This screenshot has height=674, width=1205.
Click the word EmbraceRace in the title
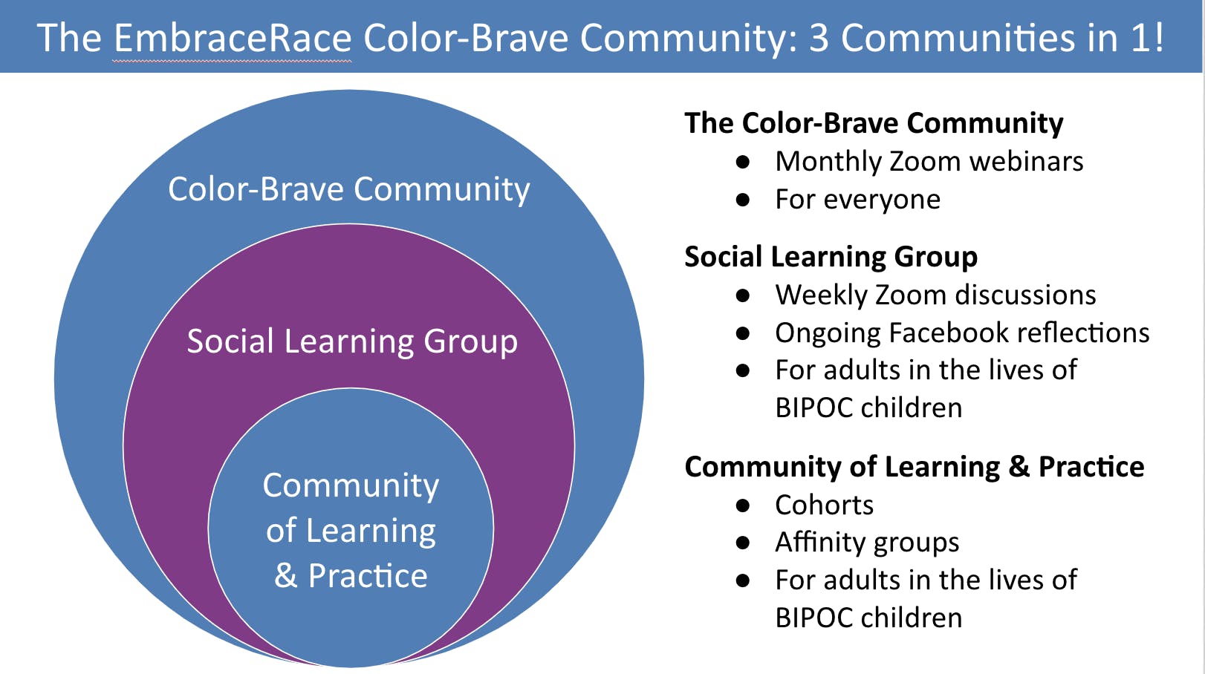233,38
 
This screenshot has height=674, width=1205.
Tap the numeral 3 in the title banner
818,38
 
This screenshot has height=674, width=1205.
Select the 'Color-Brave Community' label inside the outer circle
349,189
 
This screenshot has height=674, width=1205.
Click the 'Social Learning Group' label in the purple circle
352,341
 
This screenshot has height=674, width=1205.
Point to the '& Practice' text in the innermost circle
351,575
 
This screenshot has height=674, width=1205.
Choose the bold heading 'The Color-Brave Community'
874,123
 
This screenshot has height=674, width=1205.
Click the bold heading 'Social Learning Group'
831,256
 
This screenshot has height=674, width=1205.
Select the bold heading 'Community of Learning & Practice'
914,467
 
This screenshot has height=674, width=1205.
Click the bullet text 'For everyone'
857,200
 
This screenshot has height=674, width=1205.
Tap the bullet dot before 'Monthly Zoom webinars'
743,162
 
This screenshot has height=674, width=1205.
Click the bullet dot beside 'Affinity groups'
743,543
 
